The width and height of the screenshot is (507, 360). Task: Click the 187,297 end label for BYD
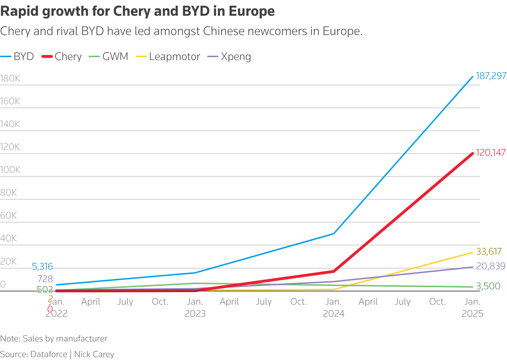(491, 76)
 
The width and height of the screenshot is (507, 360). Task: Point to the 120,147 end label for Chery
(491, 153)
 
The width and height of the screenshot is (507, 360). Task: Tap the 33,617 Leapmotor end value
(489, 252)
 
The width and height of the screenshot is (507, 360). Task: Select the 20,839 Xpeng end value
(491, 266)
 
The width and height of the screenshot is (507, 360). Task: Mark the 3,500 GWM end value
(488, 286)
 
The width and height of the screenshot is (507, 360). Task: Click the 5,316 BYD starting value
(42, 267)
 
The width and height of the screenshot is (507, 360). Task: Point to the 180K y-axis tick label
(10, 79)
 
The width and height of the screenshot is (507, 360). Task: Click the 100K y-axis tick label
(10, 170)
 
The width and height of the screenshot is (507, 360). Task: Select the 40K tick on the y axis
(9, 239)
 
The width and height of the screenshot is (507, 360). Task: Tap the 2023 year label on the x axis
(195, 314)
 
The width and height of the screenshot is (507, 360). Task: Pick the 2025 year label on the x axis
(472, 314)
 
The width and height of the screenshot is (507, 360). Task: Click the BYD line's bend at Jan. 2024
(333, 234)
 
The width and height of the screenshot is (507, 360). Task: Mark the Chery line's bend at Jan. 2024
(333, 271)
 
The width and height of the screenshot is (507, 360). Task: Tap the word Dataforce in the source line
(49, 354)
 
